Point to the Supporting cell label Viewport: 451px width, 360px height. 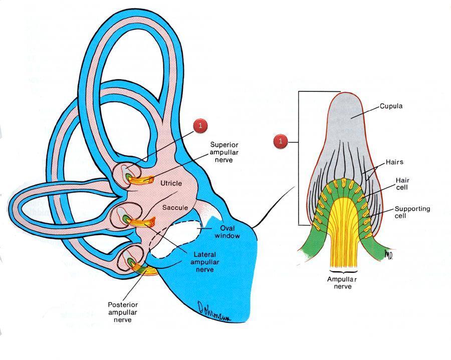412,212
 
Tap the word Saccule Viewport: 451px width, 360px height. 175,207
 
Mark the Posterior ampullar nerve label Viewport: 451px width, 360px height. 123,312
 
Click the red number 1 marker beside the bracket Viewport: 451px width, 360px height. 281,142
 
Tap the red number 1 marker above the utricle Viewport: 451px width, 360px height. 200,126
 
